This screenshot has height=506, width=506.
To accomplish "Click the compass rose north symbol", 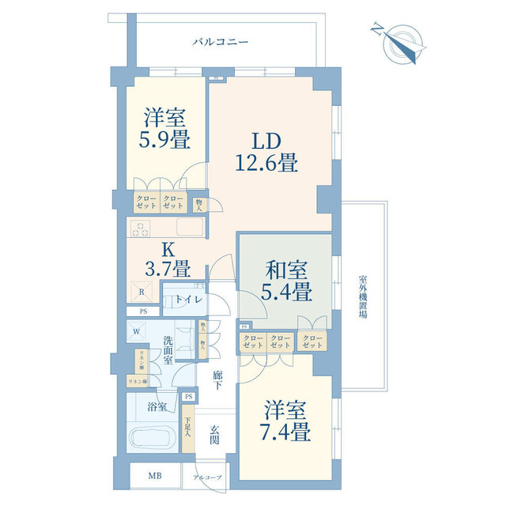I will coord(401,43).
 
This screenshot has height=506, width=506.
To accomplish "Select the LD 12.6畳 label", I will coord(264,153).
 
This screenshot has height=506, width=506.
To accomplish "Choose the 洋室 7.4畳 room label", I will coord(286,421).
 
